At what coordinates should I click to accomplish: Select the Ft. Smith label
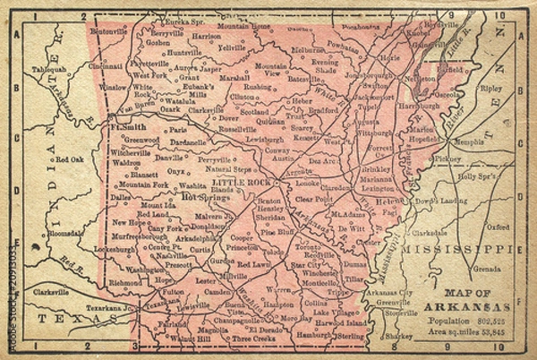(126, 127)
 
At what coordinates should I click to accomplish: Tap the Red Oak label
(68, 159)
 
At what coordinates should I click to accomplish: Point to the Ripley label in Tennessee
(491, 90)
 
